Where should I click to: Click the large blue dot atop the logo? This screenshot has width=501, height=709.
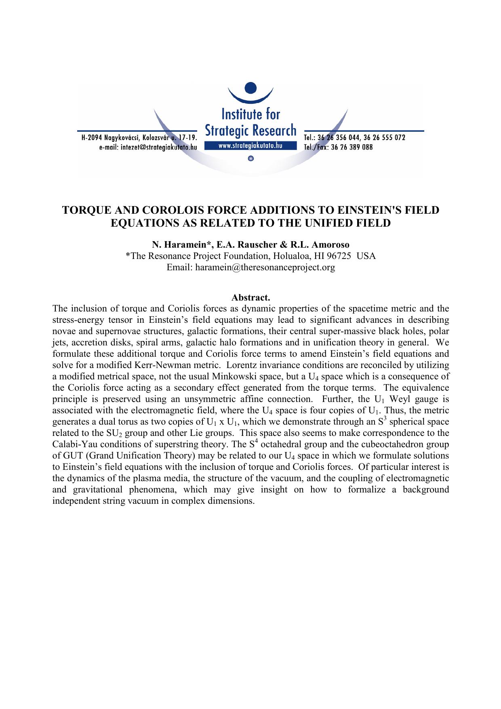pos(251,88)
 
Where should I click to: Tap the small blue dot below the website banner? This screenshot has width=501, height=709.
pos(251,159)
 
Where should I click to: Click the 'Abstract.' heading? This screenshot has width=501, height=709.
pos(250,298)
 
